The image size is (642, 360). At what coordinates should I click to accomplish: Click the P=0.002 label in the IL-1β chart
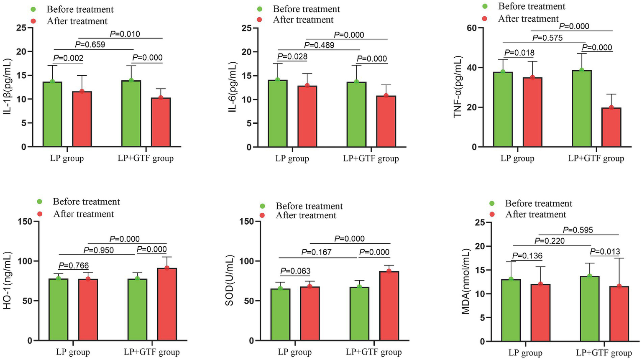coord(68,58)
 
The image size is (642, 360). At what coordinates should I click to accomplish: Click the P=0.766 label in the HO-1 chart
coord(74,265)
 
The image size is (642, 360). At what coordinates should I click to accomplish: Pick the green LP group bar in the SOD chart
coord(280,314)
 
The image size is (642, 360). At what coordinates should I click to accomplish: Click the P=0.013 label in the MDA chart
coord(605,252)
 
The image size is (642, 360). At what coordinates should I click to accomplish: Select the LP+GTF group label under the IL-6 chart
coord(371,158)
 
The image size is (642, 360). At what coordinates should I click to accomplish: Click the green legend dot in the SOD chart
coord(263,206)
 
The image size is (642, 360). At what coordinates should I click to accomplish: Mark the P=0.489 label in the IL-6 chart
coord(319,45)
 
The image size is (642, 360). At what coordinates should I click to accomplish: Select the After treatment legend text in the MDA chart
coord(535,214)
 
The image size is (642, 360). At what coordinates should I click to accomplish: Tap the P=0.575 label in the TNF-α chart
coord(547,38)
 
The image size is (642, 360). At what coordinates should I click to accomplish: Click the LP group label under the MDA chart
coord(525,353)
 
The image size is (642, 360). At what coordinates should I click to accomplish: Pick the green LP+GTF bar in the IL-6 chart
coord(356,114)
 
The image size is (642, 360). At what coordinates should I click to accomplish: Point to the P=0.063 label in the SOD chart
coord(295,271)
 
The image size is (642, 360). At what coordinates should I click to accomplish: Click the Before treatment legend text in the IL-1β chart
coord(80,9)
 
